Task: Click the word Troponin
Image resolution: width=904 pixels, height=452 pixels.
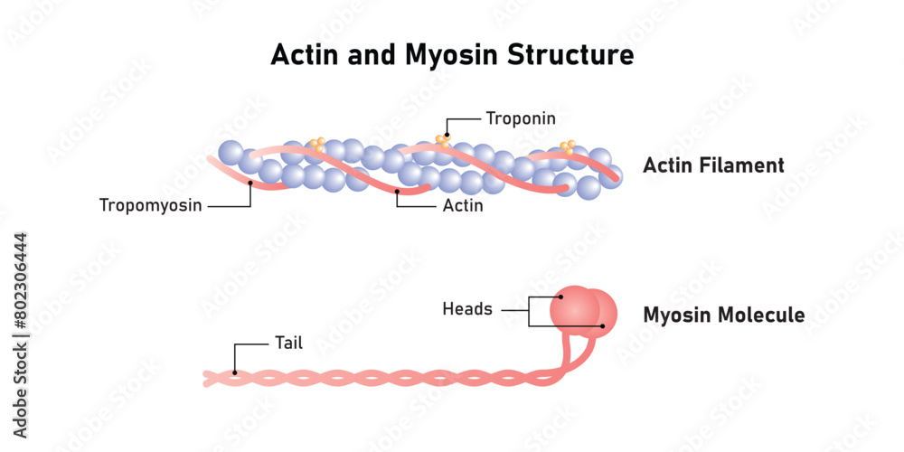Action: click(521, 118)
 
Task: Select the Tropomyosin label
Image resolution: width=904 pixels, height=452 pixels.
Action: click(151, 205)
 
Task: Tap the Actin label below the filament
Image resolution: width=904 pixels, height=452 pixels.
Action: click(463, 206)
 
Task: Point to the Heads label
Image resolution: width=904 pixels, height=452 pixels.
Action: click(467, 309)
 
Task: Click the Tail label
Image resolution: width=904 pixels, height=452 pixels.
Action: click(287, 344)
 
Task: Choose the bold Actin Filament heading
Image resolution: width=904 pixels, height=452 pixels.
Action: click(713, 165)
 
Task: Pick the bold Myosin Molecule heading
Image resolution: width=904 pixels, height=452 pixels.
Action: click(723, 315)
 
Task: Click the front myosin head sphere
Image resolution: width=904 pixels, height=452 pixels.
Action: click(573, 306)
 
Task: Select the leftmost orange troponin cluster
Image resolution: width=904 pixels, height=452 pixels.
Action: click(317, 144)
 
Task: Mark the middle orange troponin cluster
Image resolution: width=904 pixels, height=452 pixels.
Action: click(443, 139)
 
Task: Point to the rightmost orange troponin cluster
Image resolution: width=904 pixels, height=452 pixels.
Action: click(568, 146)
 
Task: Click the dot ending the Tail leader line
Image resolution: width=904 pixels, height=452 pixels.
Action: click(235, 372)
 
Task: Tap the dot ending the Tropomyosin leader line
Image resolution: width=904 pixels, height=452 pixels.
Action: click(250, 184)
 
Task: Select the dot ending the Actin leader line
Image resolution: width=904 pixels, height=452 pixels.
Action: click(397, 192)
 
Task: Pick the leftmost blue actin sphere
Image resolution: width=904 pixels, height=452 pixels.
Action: click(231, 154)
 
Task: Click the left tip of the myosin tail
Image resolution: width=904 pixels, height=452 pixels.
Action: click(206, 379)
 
